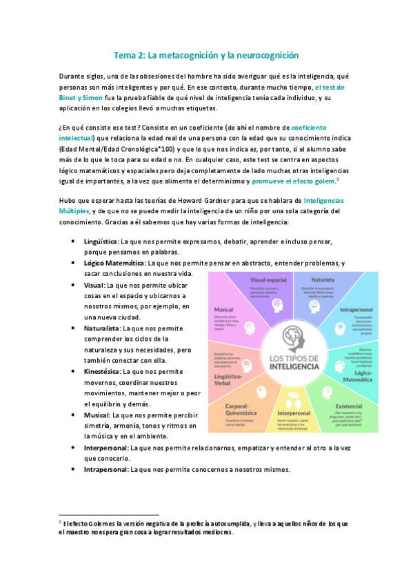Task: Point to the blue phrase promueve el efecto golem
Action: (293, 180)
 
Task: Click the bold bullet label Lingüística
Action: (100, 241)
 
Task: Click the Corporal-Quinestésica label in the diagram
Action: (241, 411)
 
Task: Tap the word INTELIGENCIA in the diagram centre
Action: (294, 368)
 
